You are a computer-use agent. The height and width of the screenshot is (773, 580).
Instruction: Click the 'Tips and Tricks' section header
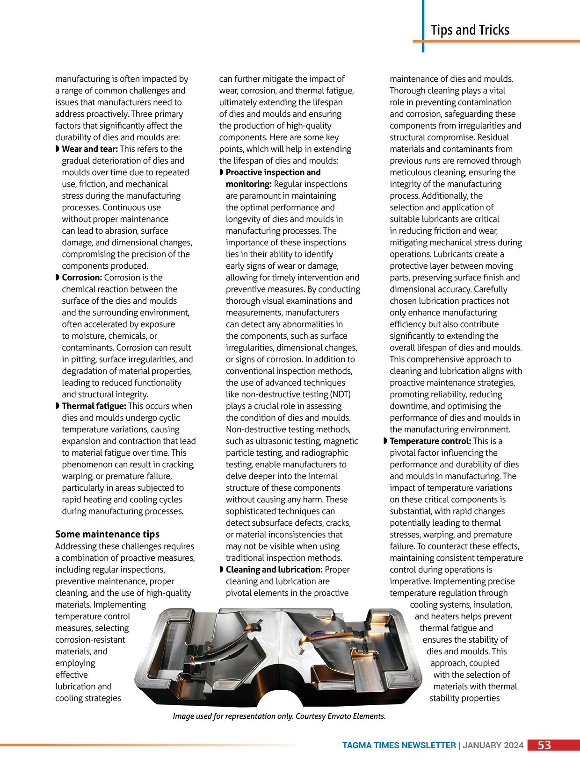tap(470, 30)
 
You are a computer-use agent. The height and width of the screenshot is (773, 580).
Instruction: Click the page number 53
tap(544, 745)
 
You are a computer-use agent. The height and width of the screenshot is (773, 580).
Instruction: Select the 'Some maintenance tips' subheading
tap(107, 534)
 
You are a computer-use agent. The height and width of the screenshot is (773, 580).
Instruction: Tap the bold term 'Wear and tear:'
tap(90, 149)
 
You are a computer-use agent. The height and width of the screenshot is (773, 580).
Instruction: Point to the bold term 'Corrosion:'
tap(82, 278)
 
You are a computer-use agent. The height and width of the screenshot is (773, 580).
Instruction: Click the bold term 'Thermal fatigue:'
tap(94, 406)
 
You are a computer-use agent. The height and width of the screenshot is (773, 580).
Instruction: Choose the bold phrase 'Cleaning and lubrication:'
tap(274, 570)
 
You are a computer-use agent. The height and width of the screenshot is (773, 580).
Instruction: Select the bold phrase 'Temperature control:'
tap(430, 441)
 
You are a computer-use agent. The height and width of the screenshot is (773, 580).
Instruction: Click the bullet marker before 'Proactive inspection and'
tap(222, 172)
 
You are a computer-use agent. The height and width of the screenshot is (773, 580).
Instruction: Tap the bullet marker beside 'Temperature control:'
tap(385, 441)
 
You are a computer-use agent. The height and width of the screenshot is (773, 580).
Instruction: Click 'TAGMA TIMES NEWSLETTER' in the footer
tap(399, 745)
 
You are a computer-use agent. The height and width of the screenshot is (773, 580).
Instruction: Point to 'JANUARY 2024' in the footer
tap(493, 745)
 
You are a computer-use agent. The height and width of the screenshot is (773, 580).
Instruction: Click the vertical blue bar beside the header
tap(423, 26)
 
